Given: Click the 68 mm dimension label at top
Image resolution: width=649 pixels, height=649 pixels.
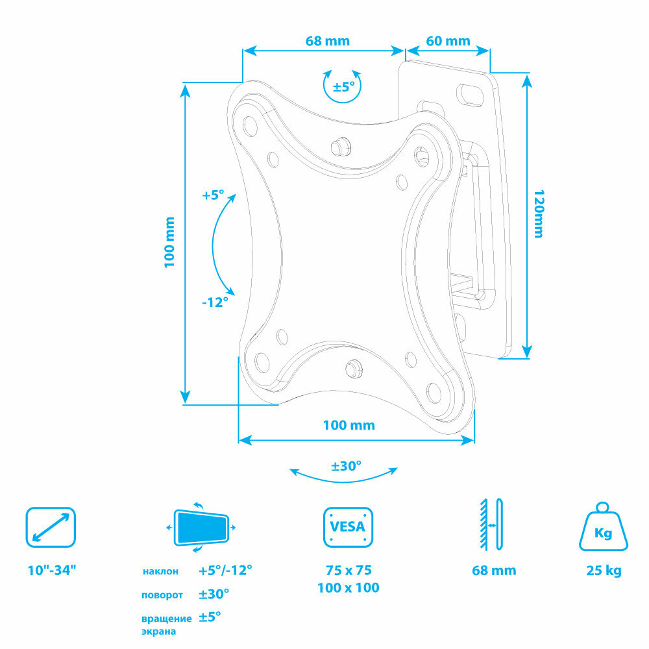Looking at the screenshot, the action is pyautogui.click(x=327, y=41).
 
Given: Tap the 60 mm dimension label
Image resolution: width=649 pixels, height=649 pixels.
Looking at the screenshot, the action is pyautogui.click(x=448, y=41).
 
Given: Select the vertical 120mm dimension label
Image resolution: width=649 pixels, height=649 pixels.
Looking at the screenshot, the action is pyautogui.click(x=537, y=214).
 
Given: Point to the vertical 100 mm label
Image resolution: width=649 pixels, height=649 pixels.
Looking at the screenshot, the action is pyautogui.click(x=170, y=242).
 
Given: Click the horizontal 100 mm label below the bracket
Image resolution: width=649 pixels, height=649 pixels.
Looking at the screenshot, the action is pyautogui.click(x=349, y=425).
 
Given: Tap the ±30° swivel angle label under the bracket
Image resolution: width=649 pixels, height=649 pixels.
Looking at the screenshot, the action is pyautogui.click(x=346, y=466).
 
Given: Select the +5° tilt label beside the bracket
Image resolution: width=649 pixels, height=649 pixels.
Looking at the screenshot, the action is pyautogui.click(x=212, y=195).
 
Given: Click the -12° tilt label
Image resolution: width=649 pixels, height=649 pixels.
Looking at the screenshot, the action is pyautogui.click(x=214, y=302).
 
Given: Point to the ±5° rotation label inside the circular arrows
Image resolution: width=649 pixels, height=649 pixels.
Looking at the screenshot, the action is pyautogui.click(x=343, y=86).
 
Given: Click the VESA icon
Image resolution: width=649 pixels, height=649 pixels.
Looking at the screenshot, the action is pyautogui.click(x=348, y=527).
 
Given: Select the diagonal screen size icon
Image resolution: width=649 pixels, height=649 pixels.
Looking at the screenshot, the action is pyautogui.click(x=51, y=526).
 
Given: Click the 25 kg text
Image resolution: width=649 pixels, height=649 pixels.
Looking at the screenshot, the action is pyautogui.click(x=603, y=571).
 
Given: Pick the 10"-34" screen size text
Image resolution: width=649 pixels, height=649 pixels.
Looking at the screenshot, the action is pyautogui.click(x=52, y=571).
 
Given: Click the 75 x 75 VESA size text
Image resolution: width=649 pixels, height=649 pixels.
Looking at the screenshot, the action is pyautogui.click(x=348, y=571).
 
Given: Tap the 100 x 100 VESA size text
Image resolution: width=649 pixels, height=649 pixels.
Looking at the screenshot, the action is pyautogui.click(x=348, y=588).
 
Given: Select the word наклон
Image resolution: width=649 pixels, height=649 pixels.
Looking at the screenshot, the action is pyautogui.click(x=160, y=572).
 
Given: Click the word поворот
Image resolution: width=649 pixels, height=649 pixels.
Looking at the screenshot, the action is pyautogui.click(x=162, y=594).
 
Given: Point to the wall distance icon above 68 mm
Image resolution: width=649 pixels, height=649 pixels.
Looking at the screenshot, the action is pyautogui.click(x=491, y=524).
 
